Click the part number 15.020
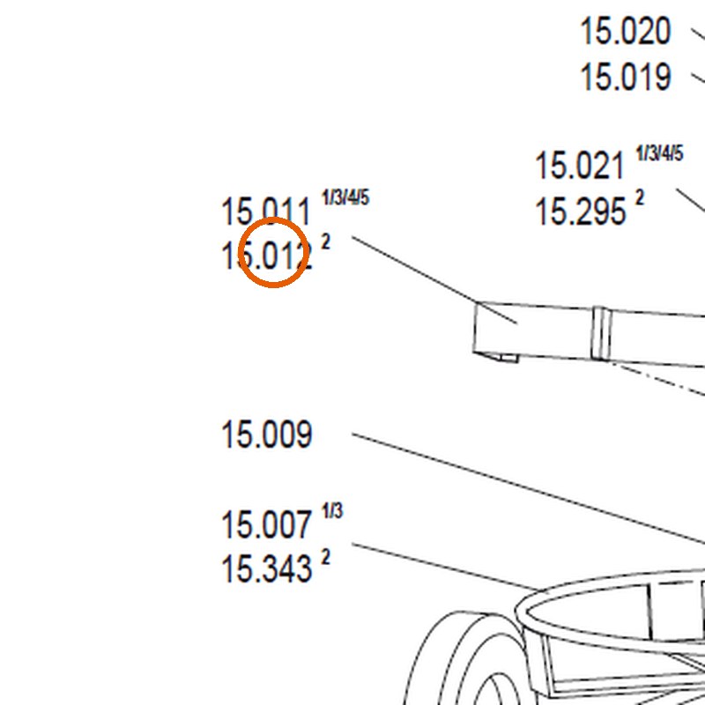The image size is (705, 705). [x=626, y=31]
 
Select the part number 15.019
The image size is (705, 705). [x=626, y=77]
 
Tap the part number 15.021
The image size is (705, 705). [x=580, y=166]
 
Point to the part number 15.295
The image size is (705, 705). [x=581, y=211]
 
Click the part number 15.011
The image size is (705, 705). [x=266, y=211]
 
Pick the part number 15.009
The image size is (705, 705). [x=267, y=434]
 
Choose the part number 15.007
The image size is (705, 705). [x=267, y=524]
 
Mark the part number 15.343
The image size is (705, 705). [x=267, y=568]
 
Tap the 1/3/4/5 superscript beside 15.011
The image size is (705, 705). [x=345, y=197]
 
